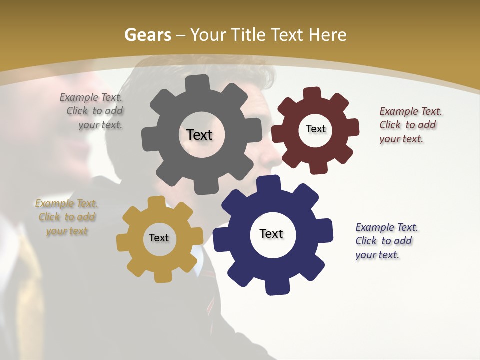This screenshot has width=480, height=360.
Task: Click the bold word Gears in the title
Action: click(x=147, y=35)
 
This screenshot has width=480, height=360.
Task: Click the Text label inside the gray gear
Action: click(x=199, y=135)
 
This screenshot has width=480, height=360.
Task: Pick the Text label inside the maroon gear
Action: click(x=315, y=129)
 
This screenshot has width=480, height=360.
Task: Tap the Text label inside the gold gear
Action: click(x=158, y=238)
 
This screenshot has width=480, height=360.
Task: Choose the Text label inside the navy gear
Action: click(x=271, y=233)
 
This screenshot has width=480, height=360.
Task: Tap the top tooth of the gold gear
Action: click(x=156, y=202)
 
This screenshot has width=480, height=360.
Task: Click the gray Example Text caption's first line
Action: click(x=91, y=97)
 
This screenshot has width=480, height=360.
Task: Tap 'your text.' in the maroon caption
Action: click(x=401, y=139)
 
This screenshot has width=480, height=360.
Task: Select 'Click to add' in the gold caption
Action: click(x=67, y=217)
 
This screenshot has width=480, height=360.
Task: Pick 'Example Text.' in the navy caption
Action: click(x=387, y=227)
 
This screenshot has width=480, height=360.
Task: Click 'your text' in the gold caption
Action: click(x=67, y=231)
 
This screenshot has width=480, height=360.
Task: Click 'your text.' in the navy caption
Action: click(x=377, y=255)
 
